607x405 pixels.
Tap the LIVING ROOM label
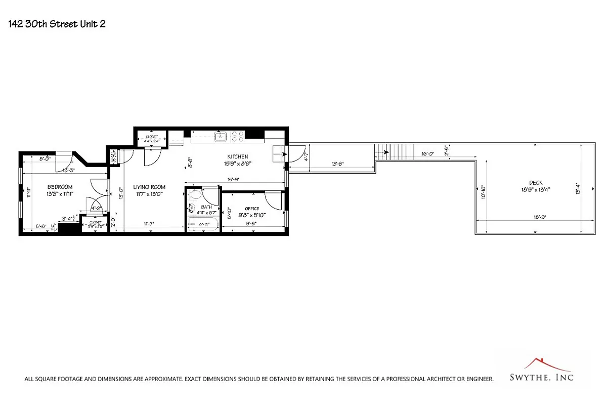pyautogui.click(x=149, y=187)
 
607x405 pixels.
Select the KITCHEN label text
pyautogui.click(x=237, y=156)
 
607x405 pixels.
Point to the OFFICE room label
pyautogui.click(x=251, y=209)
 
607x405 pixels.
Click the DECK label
pyautogui.click(x=536, y=183)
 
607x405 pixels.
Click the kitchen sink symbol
pyautogui.click(x=221, y=136)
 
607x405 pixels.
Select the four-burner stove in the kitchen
pyautogui.click(x=237, y=136)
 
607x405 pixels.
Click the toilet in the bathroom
pyautogui.click(x=192, y=208)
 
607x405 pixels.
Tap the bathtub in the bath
pyautogui.click(x=203, y=224)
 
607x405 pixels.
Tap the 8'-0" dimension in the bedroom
pyautogui.click(x=45, y=158)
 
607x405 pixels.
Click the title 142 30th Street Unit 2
pyautogui.click(x=57, y=23)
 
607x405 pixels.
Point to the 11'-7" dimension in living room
pyautogui.click(x=148, y=223)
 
